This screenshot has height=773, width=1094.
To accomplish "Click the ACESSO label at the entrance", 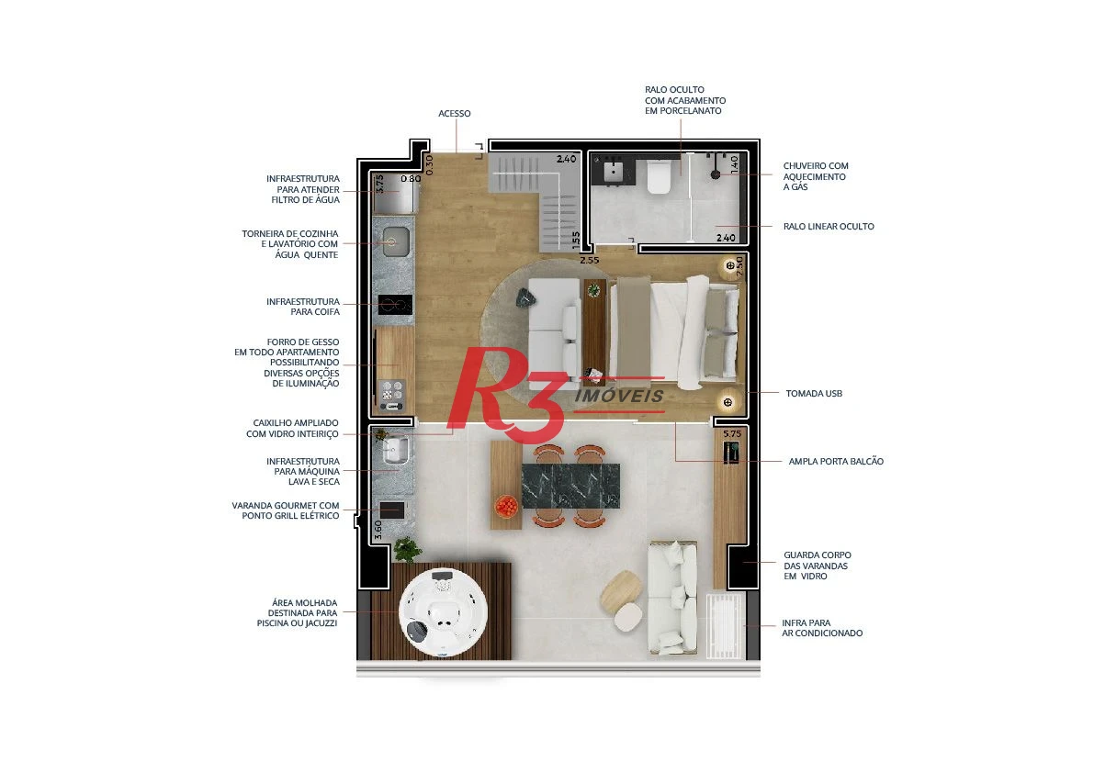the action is [454, 114].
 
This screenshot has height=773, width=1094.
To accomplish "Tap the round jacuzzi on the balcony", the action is [443, 612].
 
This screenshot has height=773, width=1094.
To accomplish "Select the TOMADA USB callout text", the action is [814, 394].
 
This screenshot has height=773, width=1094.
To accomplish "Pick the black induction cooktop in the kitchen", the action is [395, 305].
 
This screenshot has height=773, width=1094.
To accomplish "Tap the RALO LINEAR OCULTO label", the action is [829, 227].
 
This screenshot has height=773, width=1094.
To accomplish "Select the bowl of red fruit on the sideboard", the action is [506, 505].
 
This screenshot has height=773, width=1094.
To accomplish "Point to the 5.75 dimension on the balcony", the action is [732, 433].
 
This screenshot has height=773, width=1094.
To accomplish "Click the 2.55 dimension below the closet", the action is [589, 260].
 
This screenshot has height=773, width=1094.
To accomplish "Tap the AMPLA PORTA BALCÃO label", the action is [836, 462].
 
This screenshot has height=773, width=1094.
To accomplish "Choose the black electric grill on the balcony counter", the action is [391, 510].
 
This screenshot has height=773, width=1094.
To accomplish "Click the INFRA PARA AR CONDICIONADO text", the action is [822, 628].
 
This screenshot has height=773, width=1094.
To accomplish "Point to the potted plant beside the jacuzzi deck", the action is [407, 549].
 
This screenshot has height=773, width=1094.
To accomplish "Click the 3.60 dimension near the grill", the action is [378, 530].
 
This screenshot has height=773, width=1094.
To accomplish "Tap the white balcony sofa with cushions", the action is [672, 598].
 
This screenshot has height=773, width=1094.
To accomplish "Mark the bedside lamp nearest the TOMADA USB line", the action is [727, 402].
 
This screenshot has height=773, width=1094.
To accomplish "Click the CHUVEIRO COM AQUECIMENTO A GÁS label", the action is [816, 176].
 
